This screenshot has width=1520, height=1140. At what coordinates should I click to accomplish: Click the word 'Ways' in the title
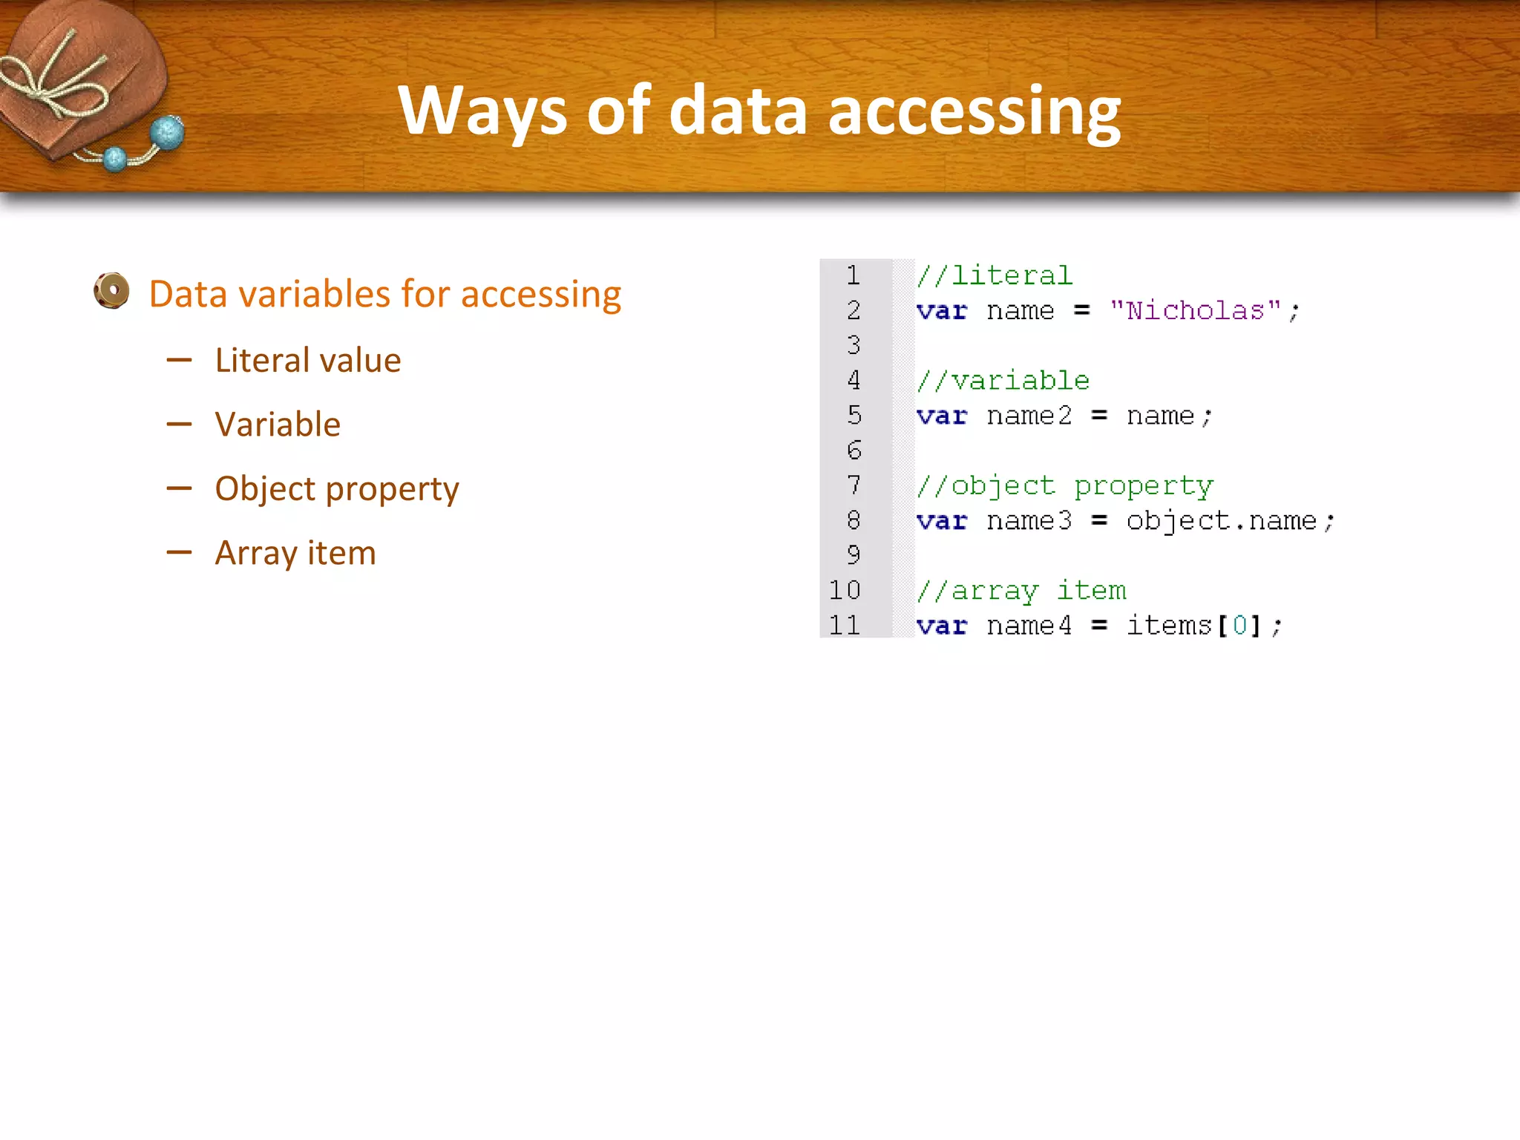(482, 111)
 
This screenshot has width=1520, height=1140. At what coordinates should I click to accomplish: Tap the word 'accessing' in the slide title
(974, 111)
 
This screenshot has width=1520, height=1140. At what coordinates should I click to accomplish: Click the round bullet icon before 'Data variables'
(112, 291)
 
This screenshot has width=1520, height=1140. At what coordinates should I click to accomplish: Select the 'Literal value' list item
(307, 361)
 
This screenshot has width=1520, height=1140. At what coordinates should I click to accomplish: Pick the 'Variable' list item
(278, 425)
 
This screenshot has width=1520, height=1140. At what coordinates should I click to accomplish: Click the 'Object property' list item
(337, 489)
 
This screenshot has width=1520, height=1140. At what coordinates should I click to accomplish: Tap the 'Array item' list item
(295, 553)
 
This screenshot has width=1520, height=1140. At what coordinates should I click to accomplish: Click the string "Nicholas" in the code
(1196, 310)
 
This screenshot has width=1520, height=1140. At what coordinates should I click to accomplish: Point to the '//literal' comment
(995, 275)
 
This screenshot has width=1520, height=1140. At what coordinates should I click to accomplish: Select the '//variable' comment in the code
(1003, 381)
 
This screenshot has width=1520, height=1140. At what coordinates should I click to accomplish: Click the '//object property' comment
(1064, 486)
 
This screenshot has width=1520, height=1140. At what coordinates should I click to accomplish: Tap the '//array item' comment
(1021, 591)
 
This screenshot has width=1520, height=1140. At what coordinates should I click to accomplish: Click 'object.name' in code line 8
(1221, 521)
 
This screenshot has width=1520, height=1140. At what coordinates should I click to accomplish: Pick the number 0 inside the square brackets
(1239, 626)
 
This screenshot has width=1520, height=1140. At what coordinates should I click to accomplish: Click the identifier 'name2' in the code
(1029, 416)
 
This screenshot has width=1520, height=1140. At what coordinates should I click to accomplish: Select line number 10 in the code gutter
(845, 591)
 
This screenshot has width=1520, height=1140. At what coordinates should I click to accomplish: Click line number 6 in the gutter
(854, 451)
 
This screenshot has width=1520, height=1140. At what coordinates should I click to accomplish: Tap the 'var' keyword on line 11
(941, 626)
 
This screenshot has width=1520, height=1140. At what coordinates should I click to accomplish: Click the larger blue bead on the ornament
(167, 134)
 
